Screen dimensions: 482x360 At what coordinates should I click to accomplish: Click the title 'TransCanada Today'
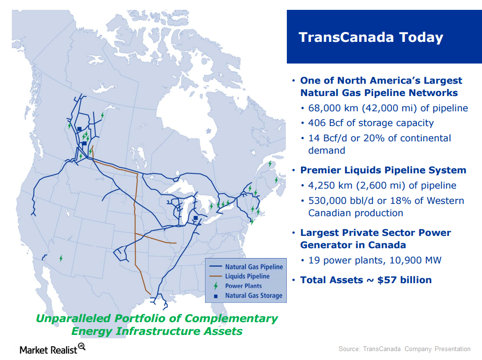[371, 37]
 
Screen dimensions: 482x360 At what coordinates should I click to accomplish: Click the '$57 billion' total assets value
[405, 280]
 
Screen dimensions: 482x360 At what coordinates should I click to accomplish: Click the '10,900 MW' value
[415, 261]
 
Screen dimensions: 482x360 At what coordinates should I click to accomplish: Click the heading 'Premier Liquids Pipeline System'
[383, 170]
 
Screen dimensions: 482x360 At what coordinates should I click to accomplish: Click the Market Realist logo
[52, 349]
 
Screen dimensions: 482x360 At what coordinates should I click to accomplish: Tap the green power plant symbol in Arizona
[61, 259]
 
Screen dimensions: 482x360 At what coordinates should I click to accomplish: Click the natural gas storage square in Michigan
[196, 218]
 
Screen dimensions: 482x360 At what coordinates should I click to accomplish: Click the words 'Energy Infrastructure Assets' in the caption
[157, 331]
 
